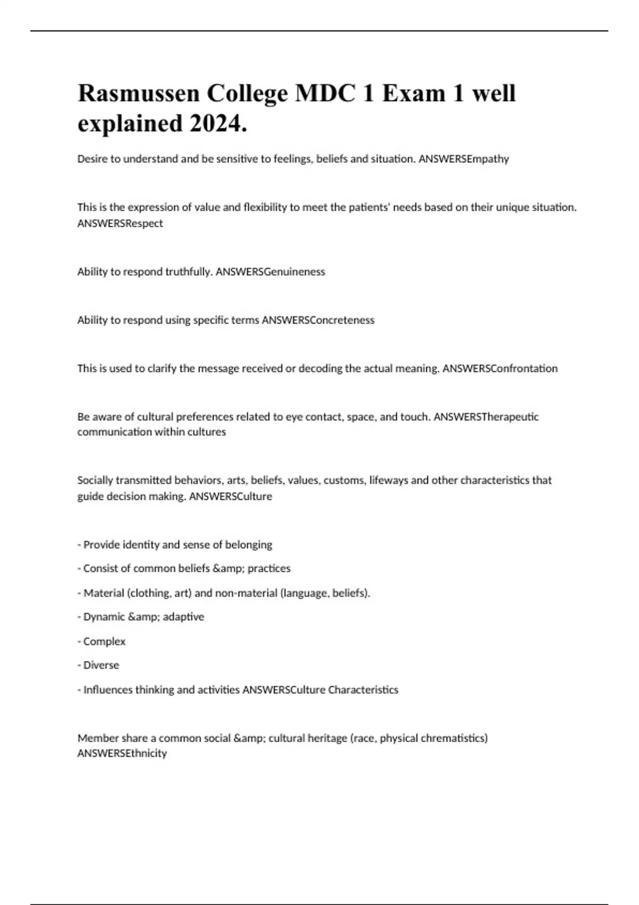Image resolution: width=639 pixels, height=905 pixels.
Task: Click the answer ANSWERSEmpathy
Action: tap(464, 159)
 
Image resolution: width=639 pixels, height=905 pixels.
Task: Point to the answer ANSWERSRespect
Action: tap(120, 224)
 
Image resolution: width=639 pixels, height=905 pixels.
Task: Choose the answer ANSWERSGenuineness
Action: tap(270, 271)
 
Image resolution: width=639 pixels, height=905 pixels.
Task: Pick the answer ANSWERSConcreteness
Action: tap(318, 320)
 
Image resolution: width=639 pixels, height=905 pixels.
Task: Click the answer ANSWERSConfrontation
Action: tap(500, 368)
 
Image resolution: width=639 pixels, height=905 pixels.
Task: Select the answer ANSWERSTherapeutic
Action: tap(486, 417)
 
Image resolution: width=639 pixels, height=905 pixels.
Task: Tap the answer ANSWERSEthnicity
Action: tap(122, 753)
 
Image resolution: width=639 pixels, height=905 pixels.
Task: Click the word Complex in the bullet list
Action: tap(104, 641)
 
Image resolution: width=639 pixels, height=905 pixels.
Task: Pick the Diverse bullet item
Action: tap(101, 665)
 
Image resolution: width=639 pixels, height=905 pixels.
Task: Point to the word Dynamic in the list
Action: tap(104, 617)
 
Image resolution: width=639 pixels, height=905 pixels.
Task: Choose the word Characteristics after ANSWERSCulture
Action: tap(363, 690)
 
